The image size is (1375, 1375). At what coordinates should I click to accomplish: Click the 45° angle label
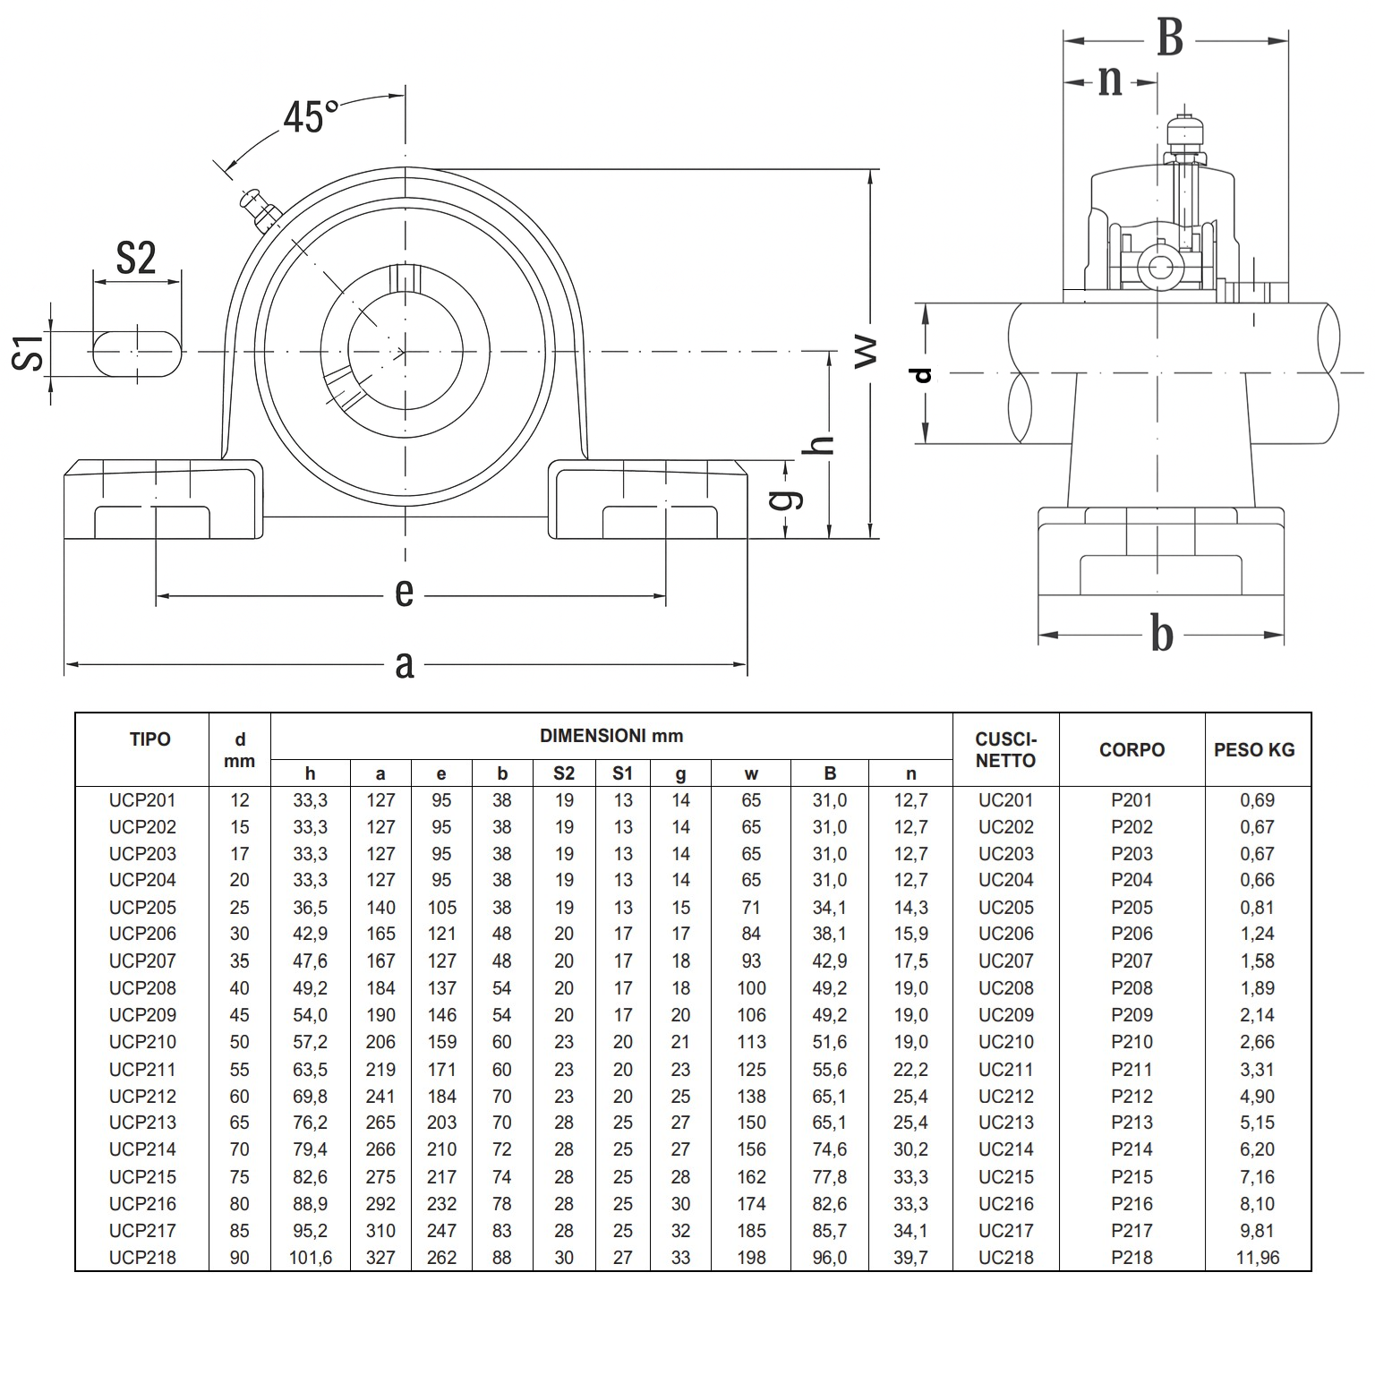(x=310, y=117)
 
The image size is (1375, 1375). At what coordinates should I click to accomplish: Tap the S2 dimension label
(x=136, y=259)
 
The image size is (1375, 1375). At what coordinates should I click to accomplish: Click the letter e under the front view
(x=404, y=593)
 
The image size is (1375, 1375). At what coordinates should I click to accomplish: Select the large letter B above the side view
(x=1169, y=38)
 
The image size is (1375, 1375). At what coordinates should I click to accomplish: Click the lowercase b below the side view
(x=1161, y=635)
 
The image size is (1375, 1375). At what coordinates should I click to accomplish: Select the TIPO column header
(x=149, y=739)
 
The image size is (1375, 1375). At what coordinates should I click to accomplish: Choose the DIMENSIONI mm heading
(x=611, y=737)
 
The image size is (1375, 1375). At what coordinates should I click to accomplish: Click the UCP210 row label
(x=142, y=1042)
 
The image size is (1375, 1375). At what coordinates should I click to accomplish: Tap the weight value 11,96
(x=1258, y=1258)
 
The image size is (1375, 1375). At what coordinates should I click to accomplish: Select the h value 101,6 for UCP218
(x=310, y=1258)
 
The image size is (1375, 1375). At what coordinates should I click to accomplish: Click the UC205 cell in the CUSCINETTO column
(x=1005, y=908)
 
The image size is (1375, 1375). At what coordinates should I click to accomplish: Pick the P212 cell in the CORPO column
(x=1132, y=1096)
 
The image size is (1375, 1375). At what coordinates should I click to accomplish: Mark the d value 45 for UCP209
(x=239, y=1015)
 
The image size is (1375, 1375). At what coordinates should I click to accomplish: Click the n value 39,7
(x=910, y=1258)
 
